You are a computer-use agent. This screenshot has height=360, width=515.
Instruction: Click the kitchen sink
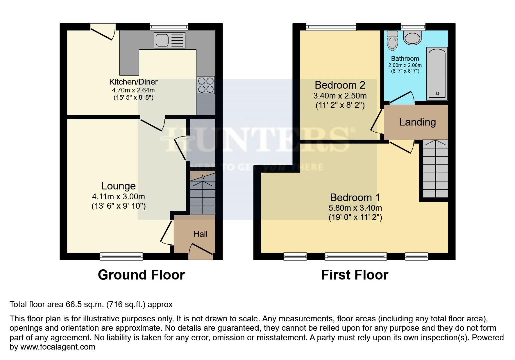pos(169,41)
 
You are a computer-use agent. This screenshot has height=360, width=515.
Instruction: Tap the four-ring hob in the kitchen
pos(206,85)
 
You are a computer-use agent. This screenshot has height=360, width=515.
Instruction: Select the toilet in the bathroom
pos(392,41)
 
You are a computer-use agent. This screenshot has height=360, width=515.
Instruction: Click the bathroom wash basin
pos(413,38)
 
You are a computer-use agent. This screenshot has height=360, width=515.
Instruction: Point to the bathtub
pos(437,74)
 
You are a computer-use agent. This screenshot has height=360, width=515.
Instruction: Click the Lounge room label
pos(118,186)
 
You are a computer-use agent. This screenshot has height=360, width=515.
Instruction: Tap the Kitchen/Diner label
pos(133,82)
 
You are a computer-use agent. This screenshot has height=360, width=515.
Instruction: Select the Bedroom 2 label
pos(340,85)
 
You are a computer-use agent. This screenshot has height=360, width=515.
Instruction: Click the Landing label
pos(417,122)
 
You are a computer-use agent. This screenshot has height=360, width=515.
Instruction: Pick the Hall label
pos(200,234)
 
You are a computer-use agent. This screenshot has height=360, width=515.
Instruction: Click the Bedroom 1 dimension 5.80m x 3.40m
pos(355,208)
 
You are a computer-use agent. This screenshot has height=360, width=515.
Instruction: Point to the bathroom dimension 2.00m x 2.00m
pos(405,65)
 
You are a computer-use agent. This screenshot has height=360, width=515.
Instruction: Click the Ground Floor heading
pos(141,275)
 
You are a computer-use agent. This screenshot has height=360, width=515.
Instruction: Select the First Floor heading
pos(354,275)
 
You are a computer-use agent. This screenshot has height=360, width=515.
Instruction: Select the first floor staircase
pos(435,169)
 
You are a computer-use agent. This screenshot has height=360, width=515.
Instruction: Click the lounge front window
pos(121,256)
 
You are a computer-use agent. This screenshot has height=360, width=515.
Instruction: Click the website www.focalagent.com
pos(58,347)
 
